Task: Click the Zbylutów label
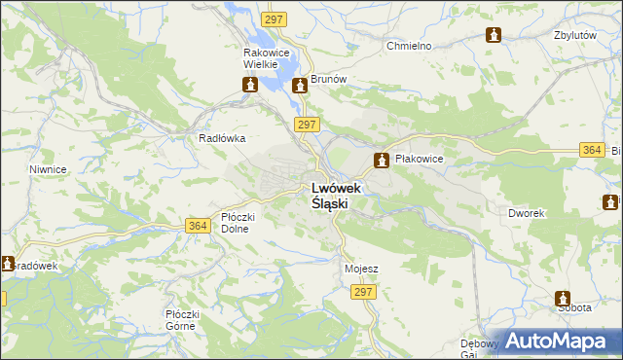[573, 34]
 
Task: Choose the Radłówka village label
[222, 139]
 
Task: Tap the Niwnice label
[48, 169]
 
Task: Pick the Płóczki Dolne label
[238, 223]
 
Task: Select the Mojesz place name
[361, 269]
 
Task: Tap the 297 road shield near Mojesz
[364, 292]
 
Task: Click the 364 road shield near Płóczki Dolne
[198, 226]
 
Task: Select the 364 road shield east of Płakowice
[591, 150]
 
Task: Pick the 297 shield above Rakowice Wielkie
[275, 19]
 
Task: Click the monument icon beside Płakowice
[384, 160]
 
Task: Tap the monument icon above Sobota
[563, 299]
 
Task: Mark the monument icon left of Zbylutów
[494, 35]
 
